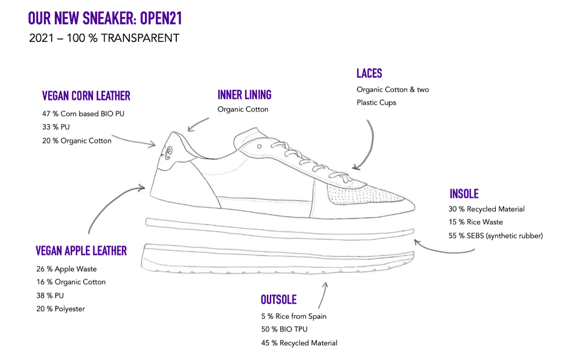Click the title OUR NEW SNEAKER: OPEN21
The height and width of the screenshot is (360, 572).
tap(105, 18)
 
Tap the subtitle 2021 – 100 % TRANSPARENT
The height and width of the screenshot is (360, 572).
tap(104, 38)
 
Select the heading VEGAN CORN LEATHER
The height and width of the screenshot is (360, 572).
tap(86, 95)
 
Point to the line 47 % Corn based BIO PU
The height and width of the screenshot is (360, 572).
tap(83, 114)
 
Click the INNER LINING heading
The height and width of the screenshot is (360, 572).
tap(244, 94)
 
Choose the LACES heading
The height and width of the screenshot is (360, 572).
tap(369, 73)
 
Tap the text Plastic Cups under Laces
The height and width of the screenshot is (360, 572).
tap(376, 103)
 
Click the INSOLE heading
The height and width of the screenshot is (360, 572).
tap(463, 193)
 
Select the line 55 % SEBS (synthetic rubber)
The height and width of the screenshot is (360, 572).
tap(495, 236)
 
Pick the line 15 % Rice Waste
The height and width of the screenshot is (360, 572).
tap(475, 222)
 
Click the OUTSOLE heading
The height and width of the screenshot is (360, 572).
tap(279, 300)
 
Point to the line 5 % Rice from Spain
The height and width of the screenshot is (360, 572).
tap(293, 316)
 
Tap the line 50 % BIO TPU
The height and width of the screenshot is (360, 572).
tap(285, 330)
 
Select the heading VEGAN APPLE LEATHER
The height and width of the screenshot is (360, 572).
tap(81, 251)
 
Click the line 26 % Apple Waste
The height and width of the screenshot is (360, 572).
tap(66, 269)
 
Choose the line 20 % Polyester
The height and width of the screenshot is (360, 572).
tap(60, 309)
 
